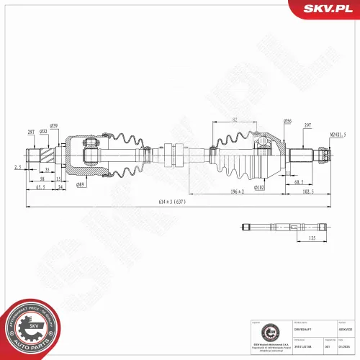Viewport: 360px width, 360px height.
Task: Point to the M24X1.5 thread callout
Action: tap(338, 135)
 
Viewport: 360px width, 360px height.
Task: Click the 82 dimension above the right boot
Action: tap(235, 120)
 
